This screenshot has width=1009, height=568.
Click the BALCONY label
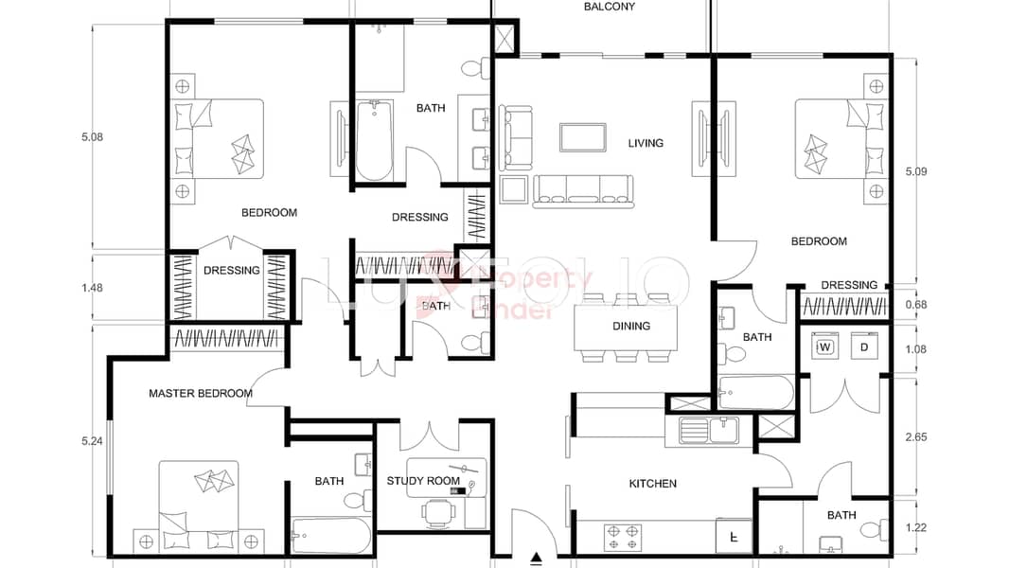pyautogui.click(x=609, y=7)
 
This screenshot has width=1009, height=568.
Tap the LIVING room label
pyautogui.click(x=646, y=144)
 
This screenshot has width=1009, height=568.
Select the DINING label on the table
pyautogui.click(x=631, y=326)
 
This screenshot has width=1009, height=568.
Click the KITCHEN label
pyautogui.click(x=653, y=484)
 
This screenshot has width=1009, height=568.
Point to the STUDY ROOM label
pyautogui.click(x=423, y=481)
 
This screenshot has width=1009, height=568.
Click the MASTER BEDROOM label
pyautogui.click(x=201, y=393)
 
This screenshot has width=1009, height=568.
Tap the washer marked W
pyautogui.click(x=824, y=347)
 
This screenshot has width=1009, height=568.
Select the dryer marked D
pyautogui.click(x=863, y=347)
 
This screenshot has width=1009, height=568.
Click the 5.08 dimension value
pyautogui.click(x=92, y=137)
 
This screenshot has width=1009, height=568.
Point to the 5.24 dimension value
pyautogui.click(x=92, y=441)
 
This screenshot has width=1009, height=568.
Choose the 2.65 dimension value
pyautogui.click(x=916, y=437)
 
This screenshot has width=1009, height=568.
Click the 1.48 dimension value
pyautogui.click(x=92, y=288)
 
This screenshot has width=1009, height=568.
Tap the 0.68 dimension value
pyautogui.click(x=916, y=304)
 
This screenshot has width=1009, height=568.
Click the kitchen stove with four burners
pyautogui.click(x=623, y=536)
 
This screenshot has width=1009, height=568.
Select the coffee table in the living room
pyautogui.click(x=582, y=137)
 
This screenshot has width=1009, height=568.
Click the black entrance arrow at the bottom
pyautogui.click(x=537, y=559)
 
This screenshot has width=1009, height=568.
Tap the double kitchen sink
pyautogui.click(x=710, y=431)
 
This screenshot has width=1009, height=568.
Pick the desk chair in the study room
pyautogui.click(x=436, y=513)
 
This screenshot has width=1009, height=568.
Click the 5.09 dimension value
pyautogui.click(x=916, y=172)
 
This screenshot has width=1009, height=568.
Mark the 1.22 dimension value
pyautogui.click(x=916, y=527)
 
